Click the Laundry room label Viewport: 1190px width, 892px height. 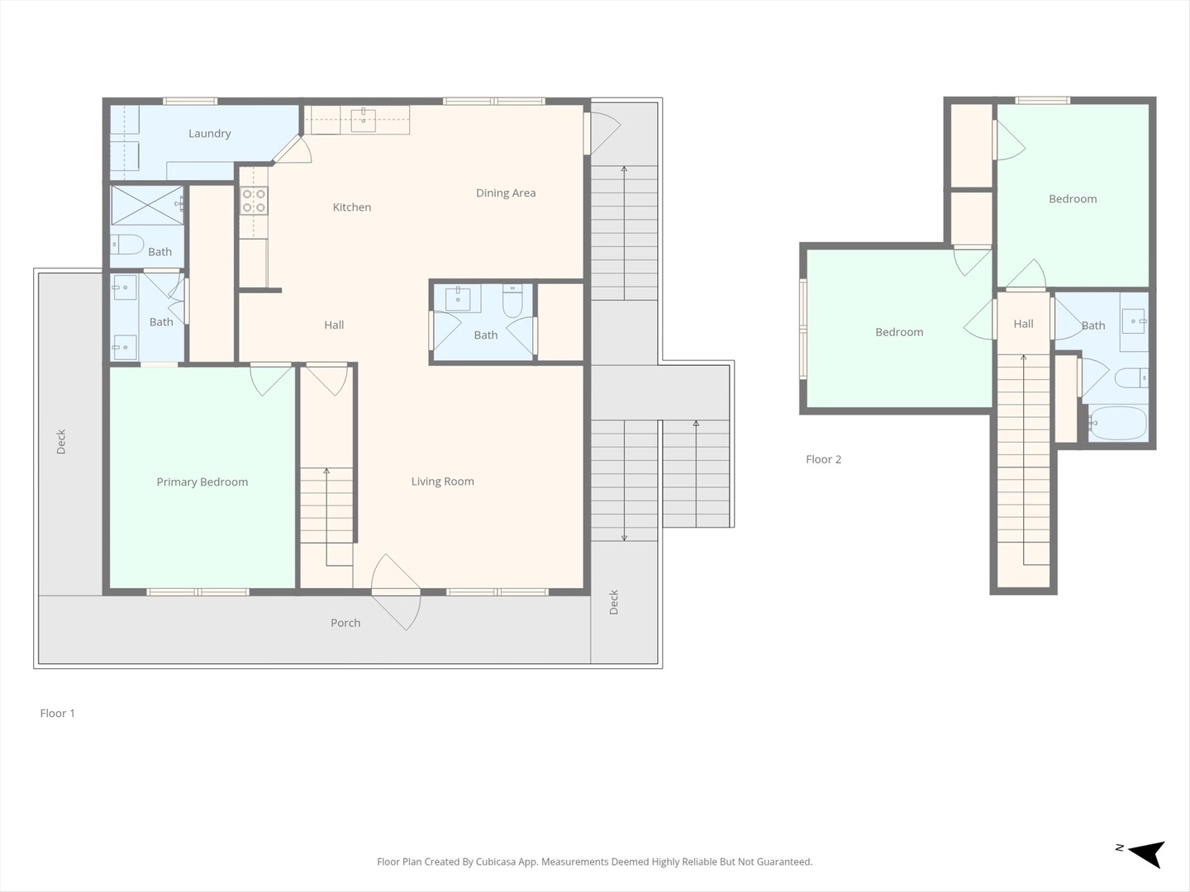pyautogui.click(x=209, y=134)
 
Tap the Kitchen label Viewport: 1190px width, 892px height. pyautogui.click(x=352, y=206)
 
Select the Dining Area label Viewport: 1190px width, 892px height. pyautogui.click(x=506, y=193)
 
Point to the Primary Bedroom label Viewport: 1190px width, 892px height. pyautogui.click(x=202, y=482)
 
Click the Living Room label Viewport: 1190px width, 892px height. pyautogui.click(x=442, y=482)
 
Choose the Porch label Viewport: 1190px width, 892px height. pyautogui.click(x=345, y=623)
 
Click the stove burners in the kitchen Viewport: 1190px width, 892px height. pyautogui.click(x=254, y=201)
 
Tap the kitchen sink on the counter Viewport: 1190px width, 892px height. pyautogui.click(x=364, y=120)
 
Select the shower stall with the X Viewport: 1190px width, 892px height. pyautogui.click(x=147, y=206)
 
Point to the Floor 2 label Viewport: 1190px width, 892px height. pyautogui.click(x=824, y=460)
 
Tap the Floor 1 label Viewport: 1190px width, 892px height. pyautogui.click(x=58, y=714)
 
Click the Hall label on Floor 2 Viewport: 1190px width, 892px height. pyautogui.click(x=1024, y=324)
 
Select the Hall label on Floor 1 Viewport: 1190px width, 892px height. pyautogui.click(x=334, y=325)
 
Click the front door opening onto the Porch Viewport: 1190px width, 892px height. pyautogui.click(x=397, y=592)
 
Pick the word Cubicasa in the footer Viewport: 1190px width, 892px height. pyautogui.click(x=496, y=861)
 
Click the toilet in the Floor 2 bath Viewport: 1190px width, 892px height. pyautogui.click(x=1131, y=378)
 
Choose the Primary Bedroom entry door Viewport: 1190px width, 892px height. pyautogui.click(x=270, y=379)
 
